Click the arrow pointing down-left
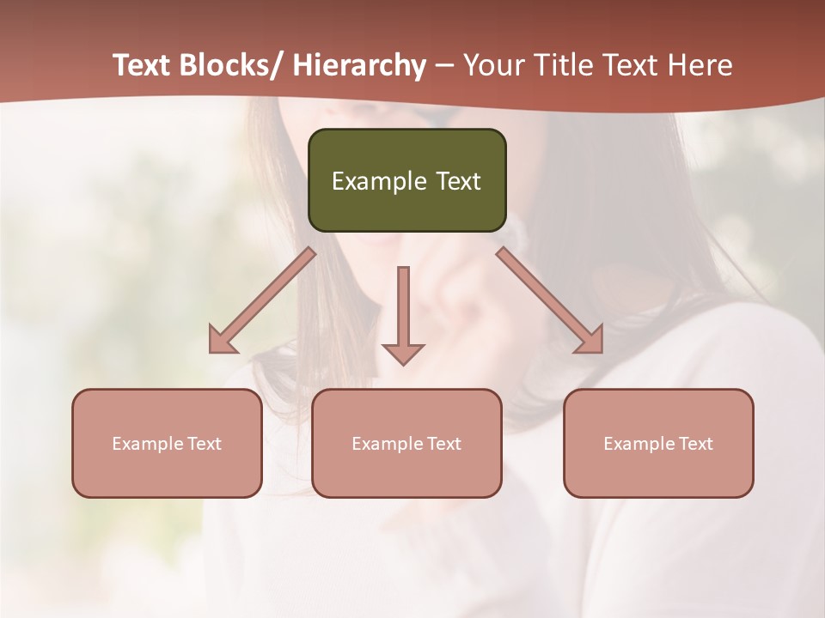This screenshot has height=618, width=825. click(x=262, y=300)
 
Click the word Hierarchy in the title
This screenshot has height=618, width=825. click(x=359, y=65)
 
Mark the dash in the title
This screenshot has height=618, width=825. click(x=444, y=66)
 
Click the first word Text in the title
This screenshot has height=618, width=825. click(x=143, y=65)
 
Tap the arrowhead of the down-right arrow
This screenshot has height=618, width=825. click(x=590, y=341)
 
